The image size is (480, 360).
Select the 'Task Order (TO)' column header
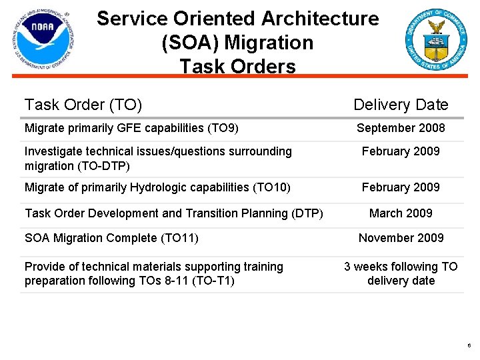tap(83, 105)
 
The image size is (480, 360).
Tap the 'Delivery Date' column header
tap(401, 105)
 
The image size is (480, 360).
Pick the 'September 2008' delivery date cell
tap(401, 128)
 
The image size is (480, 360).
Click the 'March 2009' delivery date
tap(401, 213)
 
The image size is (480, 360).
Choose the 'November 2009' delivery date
tap(401, 238)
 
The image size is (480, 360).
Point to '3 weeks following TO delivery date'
tap(401, 273)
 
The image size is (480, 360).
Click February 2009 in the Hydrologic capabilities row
tap(401, 187)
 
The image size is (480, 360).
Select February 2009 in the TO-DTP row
tap(401, 151)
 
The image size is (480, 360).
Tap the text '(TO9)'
tap(223, 128)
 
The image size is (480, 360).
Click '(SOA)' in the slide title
tap(191, 43)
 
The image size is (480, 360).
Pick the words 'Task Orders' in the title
tap(237, 67)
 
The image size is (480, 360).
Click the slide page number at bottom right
tap(469, 346)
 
